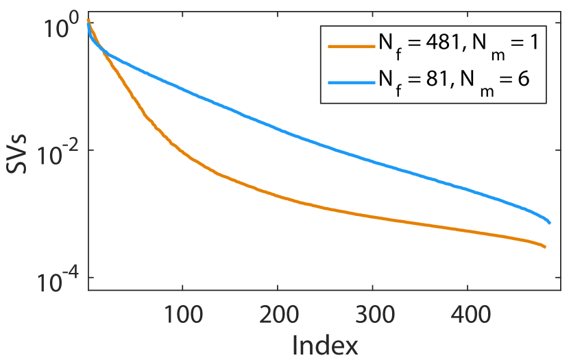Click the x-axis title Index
(325, 345)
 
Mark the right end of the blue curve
(550, 223)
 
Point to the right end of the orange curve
(545, 247)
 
